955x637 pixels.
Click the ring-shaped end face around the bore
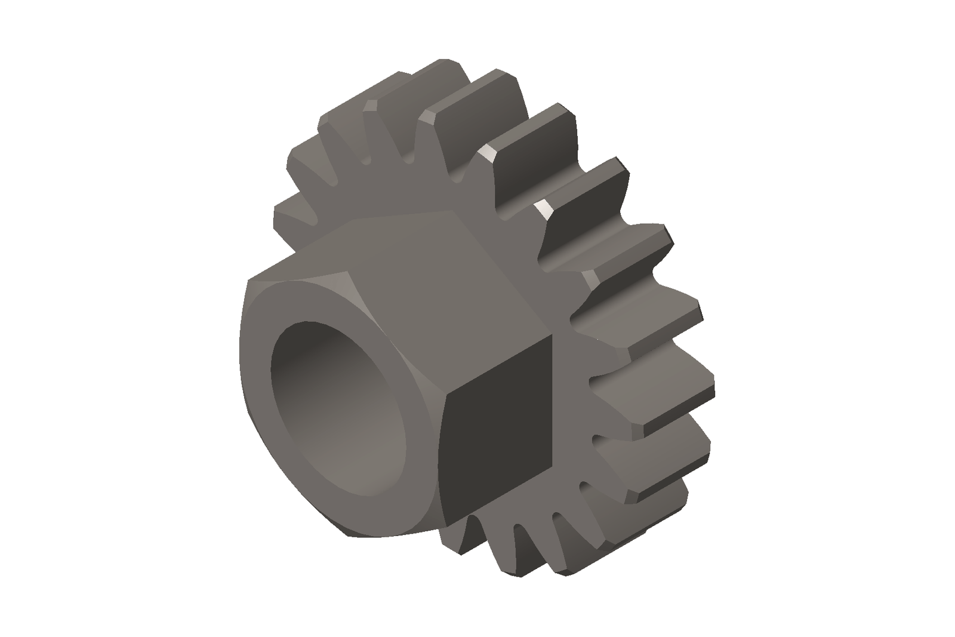click(x=263, y=418)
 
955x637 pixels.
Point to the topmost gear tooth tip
click(x=445, y=66)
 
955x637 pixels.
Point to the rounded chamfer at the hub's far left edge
click(x=241, y=358)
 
